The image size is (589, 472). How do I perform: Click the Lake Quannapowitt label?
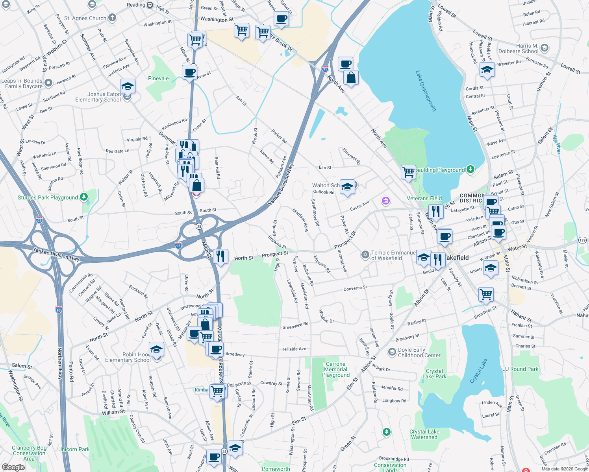click(426, 91)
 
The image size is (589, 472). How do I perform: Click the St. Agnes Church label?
click(85, 18)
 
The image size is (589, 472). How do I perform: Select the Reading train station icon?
click(150, 5)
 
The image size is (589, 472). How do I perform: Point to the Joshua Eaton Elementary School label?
click(98, 97)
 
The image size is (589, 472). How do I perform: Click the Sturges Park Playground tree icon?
click(84, 197)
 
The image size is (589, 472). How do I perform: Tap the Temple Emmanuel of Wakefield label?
click(393, 255)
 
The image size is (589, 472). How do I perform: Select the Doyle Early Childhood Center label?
click(419, 352)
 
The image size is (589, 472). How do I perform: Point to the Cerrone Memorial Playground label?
click(336, 369)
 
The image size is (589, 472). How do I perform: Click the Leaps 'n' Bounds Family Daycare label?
click(22, 83)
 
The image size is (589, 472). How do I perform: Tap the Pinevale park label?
click(158, 78)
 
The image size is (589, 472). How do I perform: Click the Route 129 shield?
click(582, 240)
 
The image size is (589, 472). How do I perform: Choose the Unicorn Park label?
click(74, 449)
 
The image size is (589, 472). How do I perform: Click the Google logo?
click(13, 467)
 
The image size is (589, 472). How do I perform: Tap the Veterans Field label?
click(424, 198)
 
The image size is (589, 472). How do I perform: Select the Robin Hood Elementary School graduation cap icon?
click(156, 349)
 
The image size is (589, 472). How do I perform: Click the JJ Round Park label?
click(520, 369)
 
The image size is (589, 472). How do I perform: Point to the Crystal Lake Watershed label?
click(424, 434)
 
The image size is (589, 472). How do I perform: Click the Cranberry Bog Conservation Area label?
click(29, 453)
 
